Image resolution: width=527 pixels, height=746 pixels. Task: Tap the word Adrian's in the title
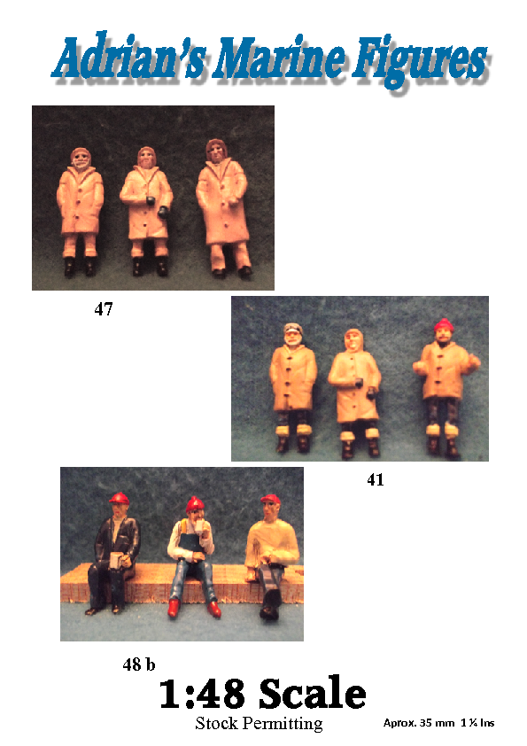pos(129,58)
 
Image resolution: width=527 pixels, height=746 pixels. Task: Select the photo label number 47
pos(104,309)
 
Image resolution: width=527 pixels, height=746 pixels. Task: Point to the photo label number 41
pos(376,479)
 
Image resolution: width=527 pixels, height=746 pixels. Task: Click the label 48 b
pos(138,664)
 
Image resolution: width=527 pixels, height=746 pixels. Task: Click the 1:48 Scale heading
pos(262,694)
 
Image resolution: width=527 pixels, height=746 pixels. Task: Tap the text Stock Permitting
pos(259,723)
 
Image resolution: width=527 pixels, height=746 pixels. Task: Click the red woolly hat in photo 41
pos(444,325)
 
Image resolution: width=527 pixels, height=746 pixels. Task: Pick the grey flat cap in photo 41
pos(293,329)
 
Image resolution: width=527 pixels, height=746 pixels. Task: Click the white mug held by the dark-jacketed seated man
pos(116,561)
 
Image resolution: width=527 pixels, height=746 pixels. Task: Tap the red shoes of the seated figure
pos(195,608)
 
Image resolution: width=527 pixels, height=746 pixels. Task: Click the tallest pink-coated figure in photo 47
pos(223,208)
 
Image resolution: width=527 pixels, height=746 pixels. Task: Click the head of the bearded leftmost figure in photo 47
pos(81,159)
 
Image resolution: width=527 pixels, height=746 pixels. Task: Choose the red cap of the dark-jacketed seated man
pos(119,498)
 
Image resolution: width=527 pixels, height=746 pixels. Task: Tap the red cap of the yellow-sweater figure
pos(270,500)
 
